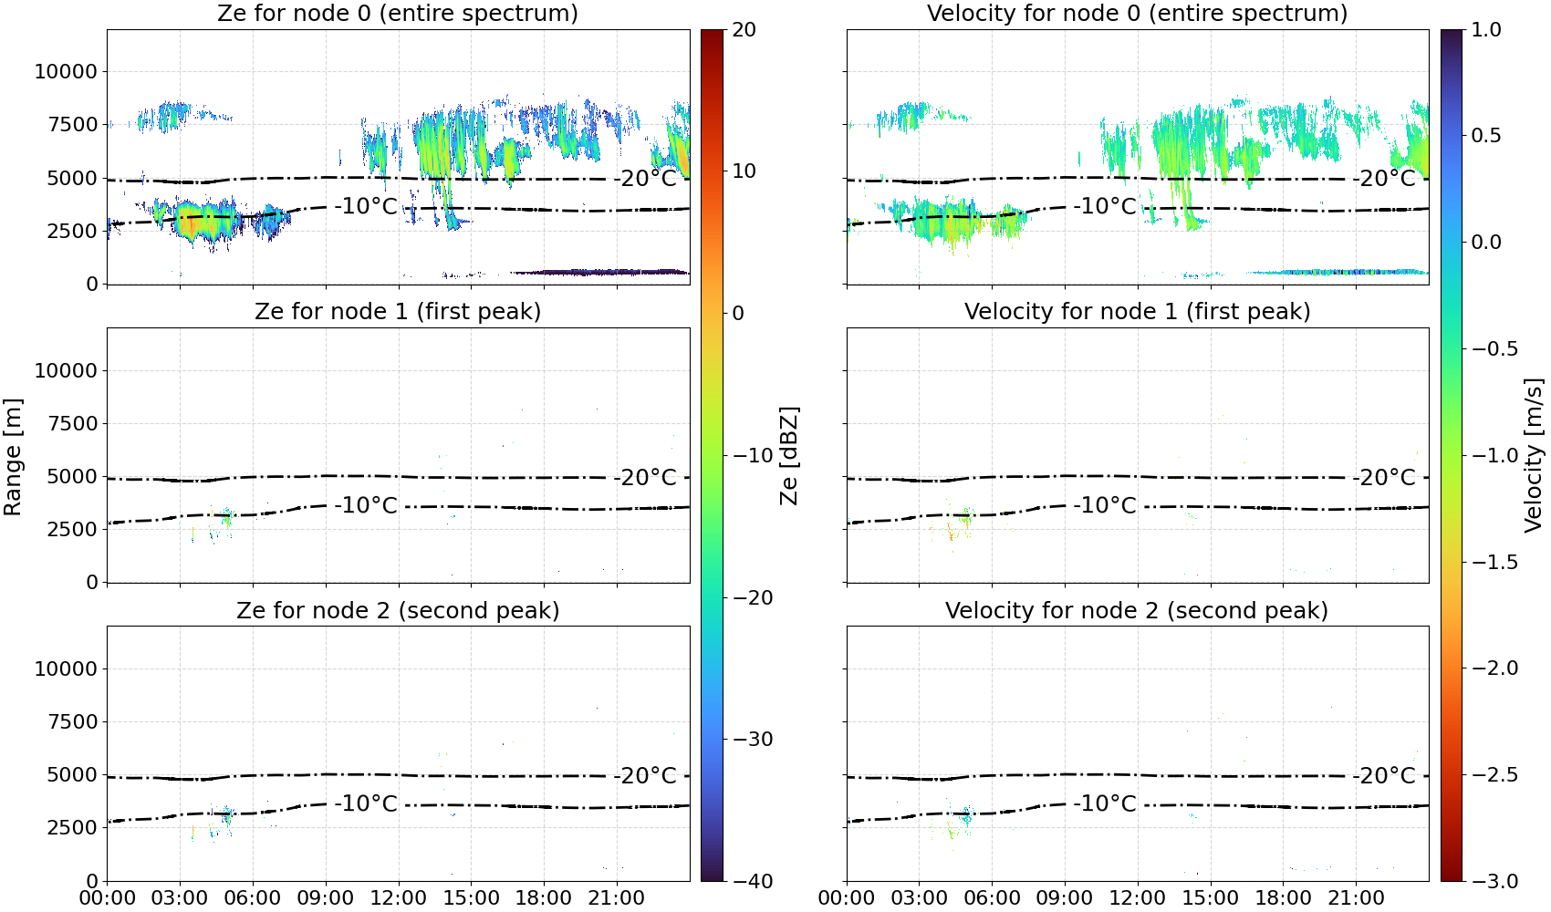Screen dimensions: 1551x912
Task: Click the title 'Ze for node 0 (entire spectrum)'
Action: coord(398,13)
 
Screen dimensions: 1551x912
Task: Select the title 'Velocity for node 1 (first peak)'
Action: coord(1137,311)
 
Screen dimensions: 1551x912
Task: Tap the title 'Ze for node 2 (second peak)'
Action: coord(398,610)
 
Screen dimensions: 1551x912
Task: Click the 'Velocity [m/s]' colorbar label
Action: coord(1534,455)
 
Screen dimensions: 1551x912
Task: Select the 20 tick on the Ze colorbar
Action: coord(744,30)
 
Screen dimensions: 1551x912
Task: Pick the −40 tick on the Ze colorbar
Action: coord(751,881)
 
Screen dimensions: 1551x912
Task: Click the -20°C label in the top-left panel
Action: coord(645,179)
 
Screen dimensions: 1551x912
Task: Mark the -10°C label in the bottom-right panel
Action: coord(1105,803)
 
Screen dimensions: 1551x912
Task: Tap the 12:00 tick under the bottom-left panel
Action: coord(398,898)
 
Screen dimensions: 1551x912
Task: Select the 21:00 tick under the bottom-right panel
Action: coord(1356,898)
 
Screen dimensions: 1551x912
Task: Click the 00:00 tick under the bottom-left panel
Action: coord(108,898)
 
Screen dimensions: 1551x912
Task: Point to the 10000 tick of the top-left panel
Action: coord(66,71)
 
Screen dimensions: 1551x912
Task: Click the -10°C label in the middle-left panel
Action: coord(366,505)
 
